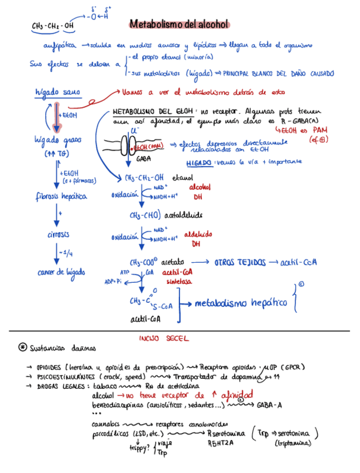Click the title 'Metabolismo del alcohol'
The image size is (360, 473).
tap(179, 24)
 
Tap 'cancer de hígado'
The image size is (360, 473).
tap(61, 272)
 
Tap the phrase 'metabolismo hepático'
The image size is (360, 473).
tap(241, 302)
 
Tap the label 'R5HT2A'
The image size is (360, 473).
tap(218, 443)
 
